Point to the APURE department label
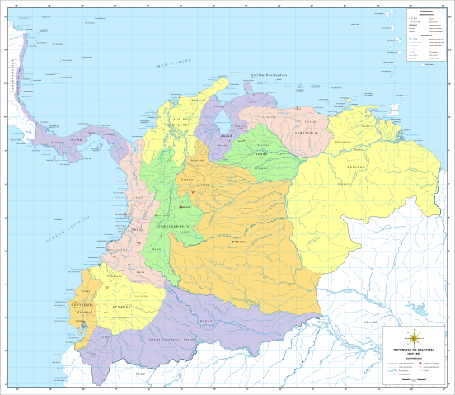(x=260, y=153)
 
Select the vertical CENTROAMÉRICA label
(x=12, y=78)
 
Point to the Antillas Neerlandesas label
(x=270, y=74)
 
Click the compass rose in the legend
(x=414, y=337)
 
